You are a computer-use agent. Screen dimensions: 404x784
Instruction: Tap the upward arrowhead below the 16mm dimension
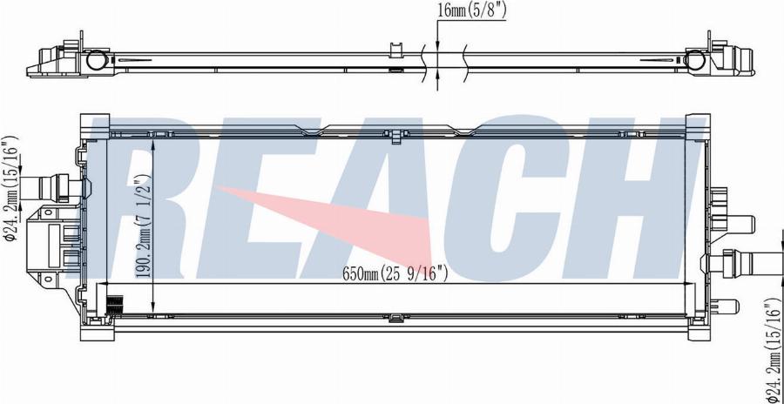[x=436, y=79]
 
